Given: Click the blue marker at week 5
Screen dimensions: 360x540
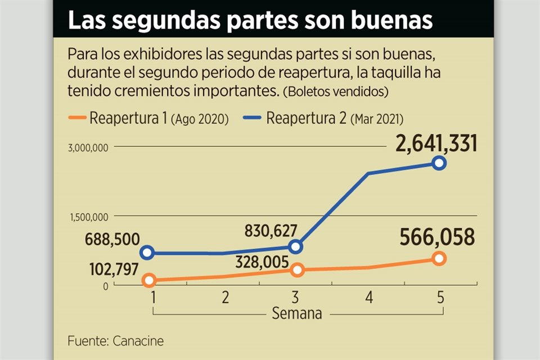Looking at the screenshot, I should (x=439, y=163).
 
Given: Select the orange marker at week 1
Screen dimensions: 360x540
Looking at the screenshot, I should (x=149, y=280).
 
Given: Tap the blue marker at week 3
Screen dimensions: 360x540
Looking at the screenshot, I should (x=296, y=246).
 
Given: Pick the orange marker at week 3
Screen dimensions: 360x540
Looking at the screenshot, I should (x=297, y=270).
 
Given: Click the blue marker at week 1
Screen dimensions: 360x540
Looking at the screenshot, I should (x=147, y=253).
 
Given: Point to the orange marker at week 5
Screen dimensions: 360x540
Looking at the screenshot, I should (x=439, y=258).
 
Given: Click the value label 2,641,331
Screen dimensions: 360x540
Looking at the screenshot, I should (x=436, y=143).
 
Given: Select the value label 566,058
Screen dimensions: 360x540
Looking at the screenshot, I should (x=438, y=237).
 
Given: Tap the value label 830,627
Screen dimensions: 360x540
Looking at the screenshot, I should (x=271, y=231).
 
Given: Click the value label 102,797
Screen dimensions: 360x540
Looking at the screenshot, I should (x=114, y=269).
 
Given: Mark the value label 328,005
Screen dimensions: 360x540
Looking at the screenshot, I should (x=263, y=262).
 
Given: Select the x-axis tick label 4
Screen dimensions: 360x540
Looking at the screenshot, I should (x=368, y=298).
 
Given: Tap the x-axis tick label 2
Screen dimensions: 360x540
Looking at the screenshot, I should (x=225, y=298).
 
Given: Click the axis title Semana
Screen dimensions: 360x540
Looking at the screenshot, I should (x=297, y=313).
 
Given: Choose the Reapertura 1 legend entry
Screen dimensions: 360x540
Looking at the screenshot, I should (x=159, y=119).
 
